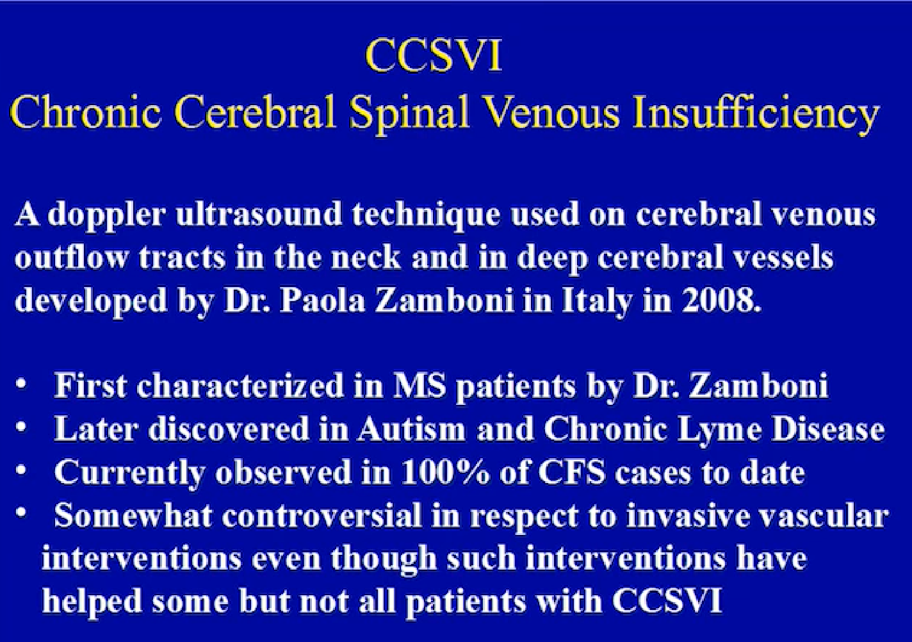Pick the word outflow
(x=71, y=258)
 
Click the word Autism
(x=411, y=429)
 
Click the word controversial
(x=322, y=515)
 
